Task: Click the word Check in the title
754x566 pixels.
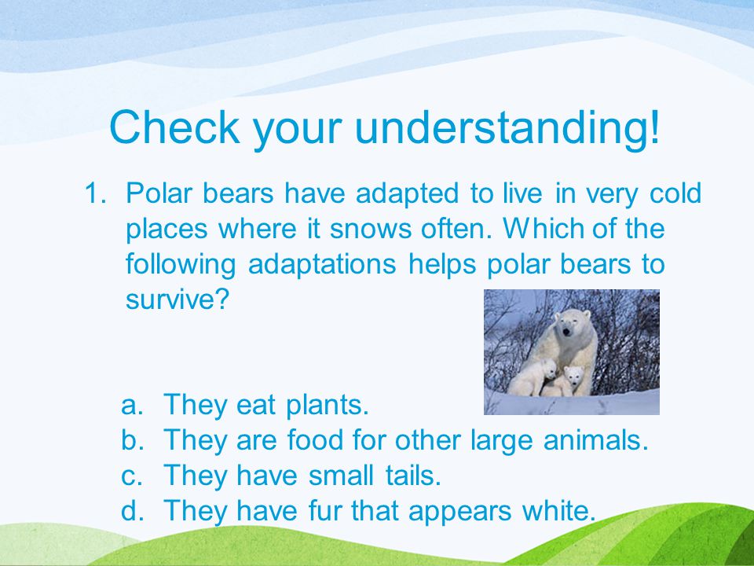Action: pyautogui.click(x=174, y=127)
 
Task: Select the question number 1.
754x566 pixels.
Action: pyautogui.click(x=95, y=193)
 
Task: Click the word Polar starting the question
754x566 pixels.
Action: pyautogui.click(x=159, y=193)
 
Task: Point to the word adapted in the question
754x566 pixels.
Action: pyautogui.click(x=408, y=194)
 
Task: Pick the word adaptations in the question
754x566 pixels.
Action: pyautogui.click(x=322, y=265)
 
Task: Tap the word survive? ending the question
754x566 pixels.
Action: pyautogui.click(x=177, y=300)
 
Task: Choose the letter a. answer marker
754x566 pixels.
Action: pyautogui.click(x=132, y=406)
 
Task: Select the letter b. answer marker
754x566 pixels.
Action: pyautogui.click(x=132, y=440)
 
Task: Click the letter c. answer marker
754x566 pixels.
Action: pyautogui.click(x=132, y=476)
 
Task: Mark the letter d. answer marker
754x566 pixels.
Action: pyautogui.click(x=132, y=510)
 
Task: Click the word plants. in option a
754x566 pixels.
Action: pyautogui.click(x=328, y=406)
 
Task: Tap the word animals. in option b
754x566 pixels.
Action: pyautogui.click(x=596, y=440)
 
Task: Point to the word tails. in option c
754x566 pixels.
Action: pyautogui.click(x=413, y=475)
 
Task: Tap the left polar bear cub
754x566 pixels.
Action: pyautogui.click(x=533, y=377)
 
